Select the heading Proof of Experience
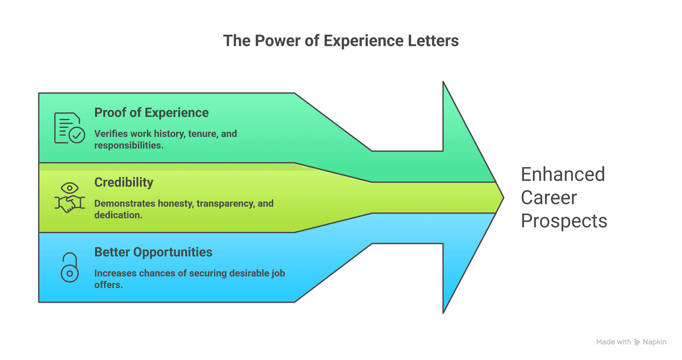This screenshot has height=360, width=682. pos(151,113)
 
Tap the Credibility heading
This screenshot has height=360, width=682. pos(124,182)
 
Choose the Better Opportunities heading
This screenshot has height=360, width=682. pos(153,252)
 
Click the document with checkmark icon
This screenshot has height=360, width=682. pos(69,128)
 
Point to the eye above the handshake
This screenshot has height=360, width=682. pos(70,188)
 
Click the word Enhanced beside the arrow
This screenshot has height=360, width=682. pos(562,175)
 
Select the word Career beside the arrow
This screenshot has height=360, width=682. pos(548,198)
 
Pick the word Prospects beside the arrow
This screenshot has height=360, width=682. pos(564,221)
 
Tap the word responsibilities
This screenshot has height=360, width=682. pos(129,146)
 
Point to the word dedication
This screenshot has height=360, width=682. pos(118,215)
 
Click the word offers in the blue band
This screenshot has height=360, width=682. pos(108,285)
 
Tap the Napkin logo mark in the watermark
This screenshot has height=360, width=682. pos(637,342)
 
